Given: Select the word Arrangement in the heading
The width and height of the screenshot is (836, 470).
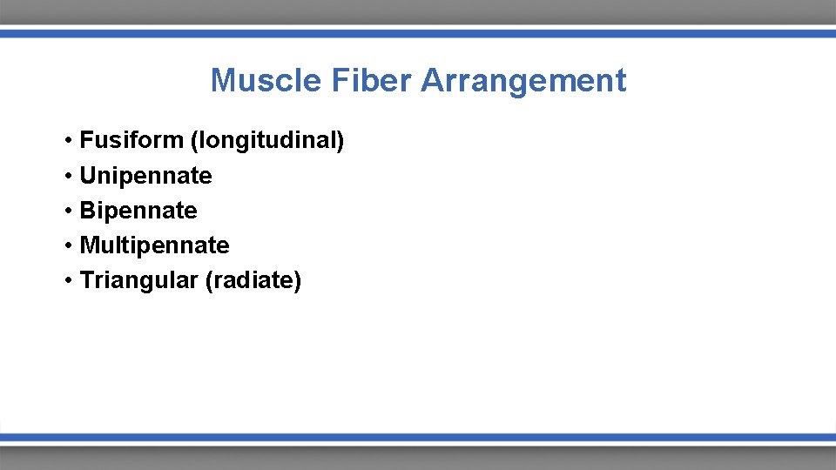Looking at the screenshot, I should point(523,81).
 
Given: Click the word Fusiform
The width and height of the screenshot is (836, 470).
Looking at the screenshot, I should point(131,141).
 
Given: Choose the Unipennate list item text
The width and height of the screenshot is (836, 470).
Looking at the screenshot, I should point(145,176).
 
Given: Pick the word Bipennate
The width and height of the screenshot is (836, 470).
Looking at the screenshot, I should point(138,211).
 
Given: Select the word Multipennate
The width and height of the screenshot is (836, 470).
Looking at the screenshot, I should point(154,245).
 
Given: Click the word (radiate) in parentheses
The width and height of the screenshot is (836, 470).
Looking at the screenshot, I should point(253,281).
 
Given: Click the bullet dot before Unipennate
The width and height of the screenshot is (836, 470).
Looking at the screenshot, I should point(67,177).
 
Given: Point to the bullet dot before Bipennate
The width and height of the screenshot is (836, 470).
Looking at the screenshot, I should point(67,211).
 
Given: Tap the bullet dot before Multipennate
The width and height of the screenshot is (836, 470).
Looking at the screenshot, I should point(67,246).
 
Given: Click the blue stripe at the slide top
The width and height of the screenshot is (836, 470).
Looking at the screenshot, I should point(418,33).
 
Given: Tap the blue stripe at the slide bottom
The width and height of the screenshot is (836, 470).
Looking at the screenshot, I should point(418,438).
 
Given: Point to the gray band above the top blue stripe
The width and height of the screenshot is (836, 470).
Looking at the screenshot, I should point(418,12).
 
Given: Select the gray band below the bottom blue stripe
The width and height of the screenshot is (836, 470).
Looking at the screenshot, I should point(418,458).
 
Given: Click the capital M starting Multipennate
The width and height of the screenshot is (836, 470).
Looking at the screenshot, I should point(88,245).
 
